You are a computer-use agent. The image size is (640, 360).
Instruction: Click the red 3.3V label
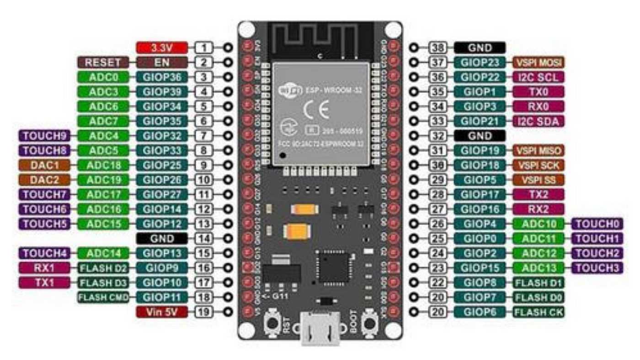pos(162,48)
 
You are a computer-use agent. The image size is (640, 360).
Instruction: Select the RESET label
pos(103,63)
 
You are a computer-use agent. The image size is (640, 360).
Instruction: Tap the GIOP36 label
pos(162,77)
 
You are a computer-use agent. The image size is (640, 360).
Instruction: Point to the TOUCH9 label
pos(44,136)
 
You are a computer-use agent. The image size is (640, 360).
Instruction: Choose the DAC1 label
pos(44,165)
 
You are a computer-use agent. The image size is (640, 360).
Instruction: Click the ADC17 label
pos(103,194)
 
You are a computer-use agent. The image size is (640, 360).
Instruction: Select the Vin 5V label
pos(162,312)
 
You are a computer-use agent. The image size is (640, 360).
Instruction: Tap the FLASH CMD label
pos(103,298)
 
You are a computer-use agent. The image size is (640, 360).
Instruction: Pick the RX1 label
pos(44,268)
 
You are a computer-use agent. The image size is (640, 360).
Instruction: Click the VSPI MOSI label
pos(539,62)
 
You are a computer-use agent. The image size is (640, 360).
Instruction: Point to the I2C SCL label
pos(539,77)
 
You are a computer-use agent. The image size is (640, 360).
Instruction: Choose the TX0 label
pos(539,91)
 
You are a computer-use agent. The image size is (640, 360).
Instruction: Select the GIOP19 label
pos(480,150)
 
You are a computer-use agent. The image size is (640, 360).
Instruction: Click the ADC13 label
pos(539,268)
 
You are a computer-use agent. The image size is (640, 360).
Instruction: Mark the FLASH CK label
pos(539,312)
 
